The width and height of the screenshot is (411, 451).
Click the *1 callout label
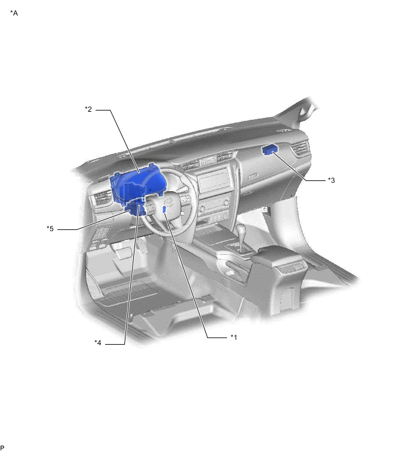[x=234, y=337]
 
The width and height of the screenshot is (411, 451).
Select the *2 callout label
[x=88, y=109]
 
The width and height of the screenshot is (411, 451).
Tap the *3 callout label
[x=332, y=180]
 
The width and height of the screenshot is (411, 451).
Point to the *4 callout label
[x=98, y=343]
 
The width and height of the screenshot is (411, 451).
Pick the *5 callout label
[x=50, y=229]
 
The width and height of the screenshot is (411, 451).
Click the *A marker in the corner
[x=14, y=13]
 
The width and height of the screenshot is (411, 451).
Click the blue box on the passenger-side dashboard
[x=269, y=150]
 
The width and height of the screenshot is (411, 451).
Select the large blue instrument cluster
[x=135, y=184]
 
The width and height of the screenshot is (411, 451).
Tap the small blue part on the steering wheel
[x=164, y=210]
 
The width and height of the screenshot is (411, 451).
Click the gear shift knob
[x=241, y=229]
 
